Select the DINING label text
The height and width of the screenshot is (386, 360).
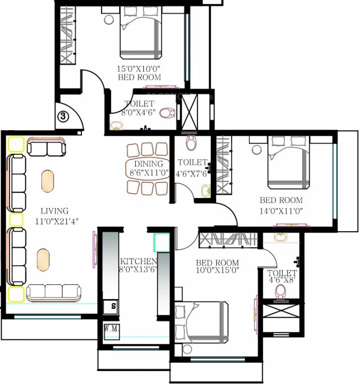click(148, 164)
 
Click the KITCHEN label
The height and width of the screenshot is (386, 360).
click(138, 262)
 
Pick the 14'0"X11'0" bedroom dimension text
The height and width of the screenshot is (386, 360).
click(282, 211)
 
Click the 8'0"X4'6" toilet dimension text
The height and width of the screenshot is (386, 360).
click(139, 113)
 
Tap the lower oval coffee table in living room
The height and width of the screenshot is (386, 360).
click(44, 259)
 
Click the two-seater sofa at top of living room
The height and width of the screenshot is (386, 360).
click(46, 148)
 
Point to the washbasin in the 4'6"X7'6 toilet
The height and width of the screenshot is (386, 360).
click(206, 191)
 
